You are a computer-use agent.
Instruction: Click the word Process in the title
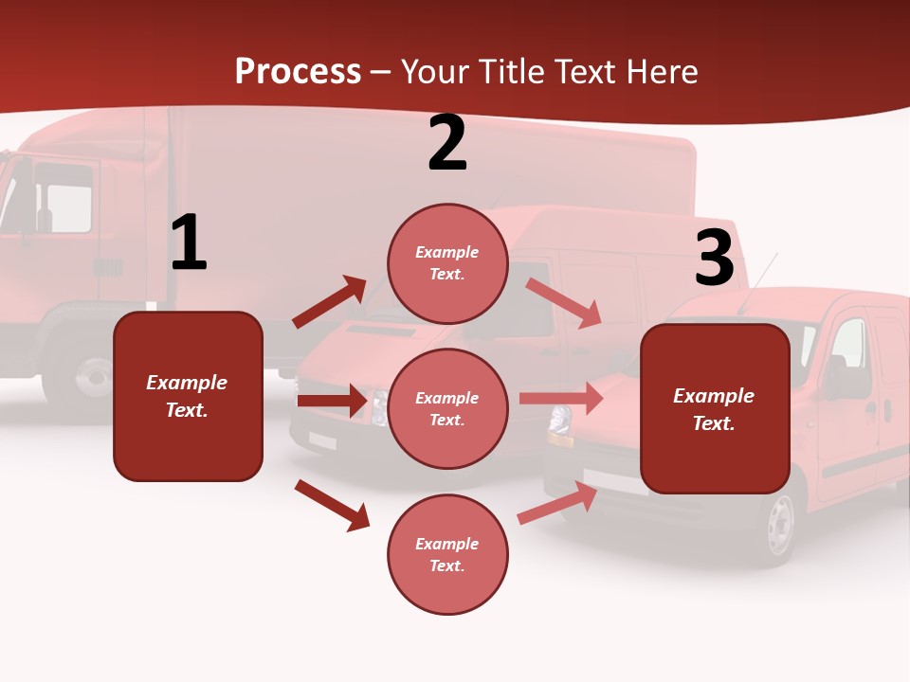298,71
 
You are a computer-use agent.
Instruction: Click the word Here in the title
658,71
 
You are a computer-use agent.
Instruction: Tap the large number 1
189,243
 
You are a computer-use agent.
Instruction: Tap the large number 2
447,144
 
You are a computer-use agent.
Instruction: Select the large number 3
714,258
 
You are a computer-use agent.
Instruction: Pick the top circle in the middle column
447,263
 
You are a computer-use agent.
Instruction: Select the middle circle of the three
447,408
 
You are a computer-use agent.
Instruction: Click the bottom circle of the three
447,554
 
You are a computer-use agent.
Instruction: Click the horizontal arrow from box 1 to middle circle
332,401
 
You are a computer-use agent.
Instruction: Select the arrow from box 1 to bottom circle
332,505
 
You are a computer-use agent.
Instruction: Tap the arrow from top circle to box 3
563,302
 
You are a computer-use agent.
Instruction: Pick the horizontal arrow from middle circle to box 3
561,399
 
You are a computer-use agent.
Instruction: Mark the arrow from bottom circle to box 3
557,503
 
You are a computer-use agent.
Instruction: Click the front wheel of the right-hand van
780,525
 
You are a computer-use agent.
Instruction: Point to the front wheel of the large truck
92,377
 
